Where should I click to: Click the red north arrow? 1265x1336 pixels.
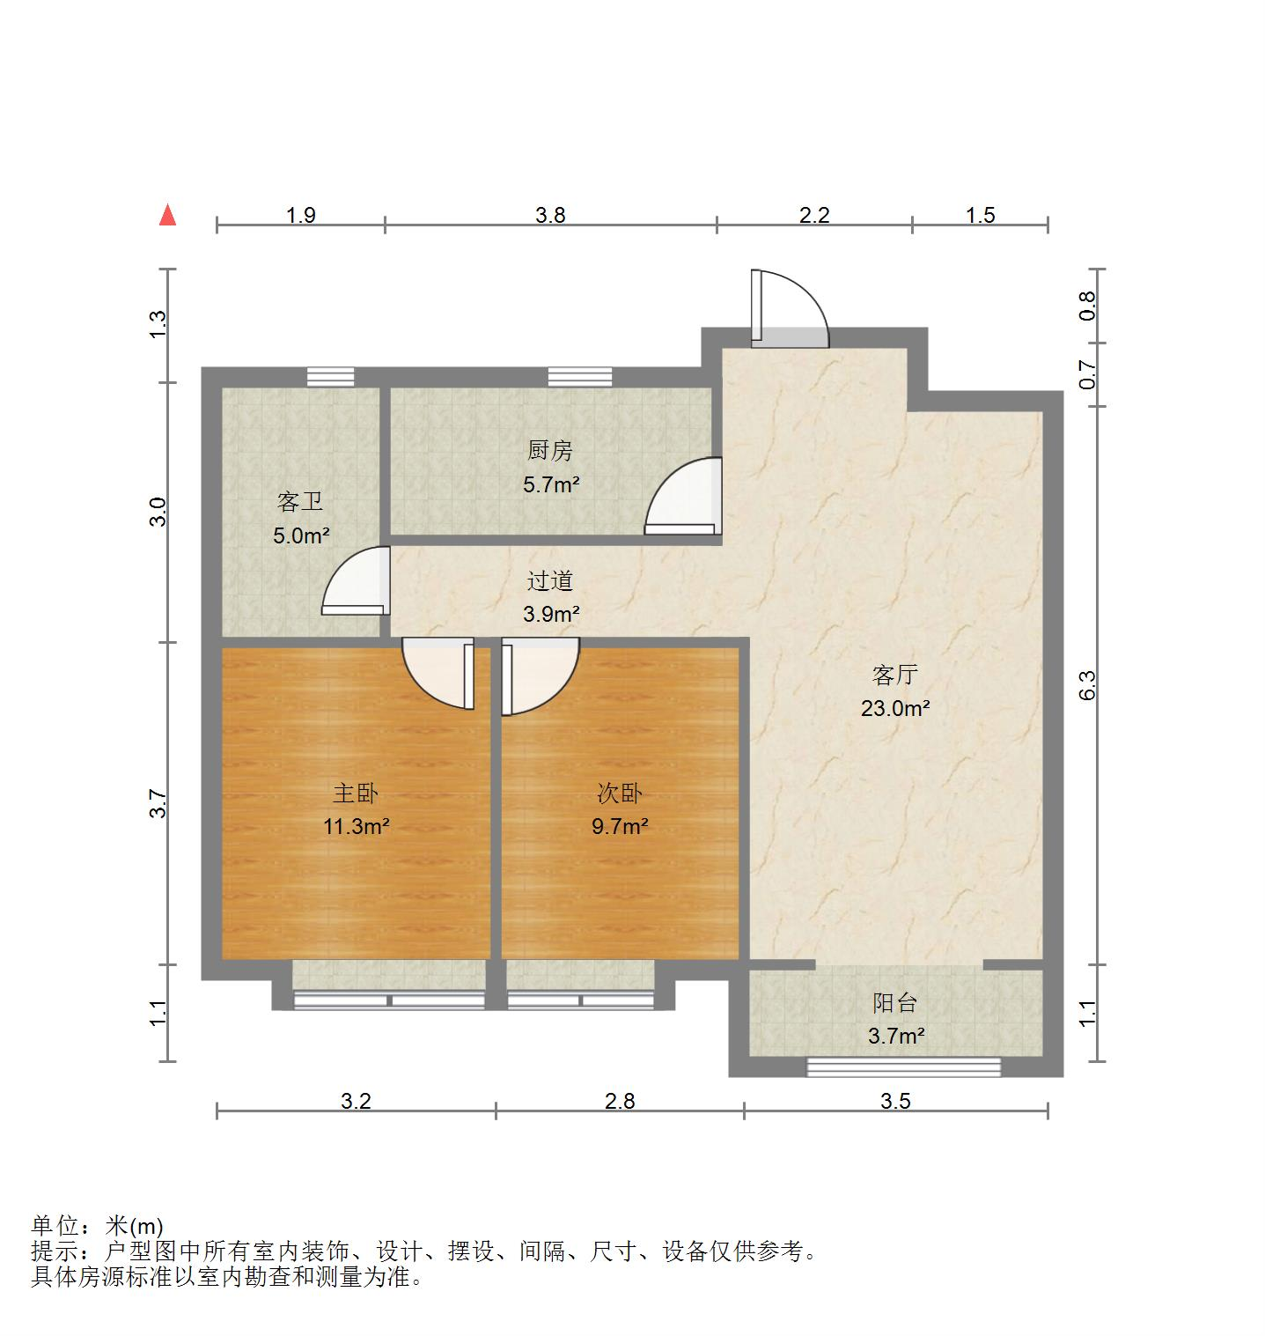click(x=167, y=215)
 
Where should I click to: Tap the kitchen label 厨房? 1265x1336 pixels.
click(x=550, y=451)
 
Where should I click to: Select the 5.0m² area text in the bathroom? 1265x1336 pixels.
click(x=301, y=535)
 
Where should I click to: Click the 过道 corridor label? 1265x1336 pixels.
click(x=550, y=581)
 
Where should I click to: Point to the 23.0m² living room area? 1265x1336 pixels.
click(x=895, y=708)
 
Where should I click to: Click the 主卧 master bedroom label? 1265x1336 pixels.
click(x=356, y=793)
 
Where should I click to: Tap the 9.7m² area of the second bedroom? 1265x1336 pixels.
click(x=620, y=826)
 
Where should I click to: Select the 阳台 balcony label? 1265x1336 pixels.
click(x=895, y=1002)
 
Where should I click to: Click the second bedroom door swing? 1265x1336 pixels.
click(x=539, y=675)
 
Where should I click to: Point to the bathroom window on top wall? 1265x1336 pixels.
click(x=331, y=377)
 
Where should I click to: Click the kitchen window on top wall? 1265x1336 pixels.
click(x=579, y=377)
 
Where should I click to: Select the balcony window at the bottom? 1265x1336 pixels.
click(x=904, y=1067)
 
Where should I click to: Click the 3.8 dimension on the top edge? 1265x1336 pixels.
click(x=551, y=215)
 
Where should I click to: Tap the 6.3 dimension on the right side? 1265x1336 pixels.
click(x=1088, y=685)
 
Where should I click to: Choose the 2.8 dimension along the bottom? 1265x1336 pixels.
click(x=620, y=1101)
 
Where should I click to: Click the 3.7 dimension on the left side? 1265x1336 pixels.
click(x=158, y=803)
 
